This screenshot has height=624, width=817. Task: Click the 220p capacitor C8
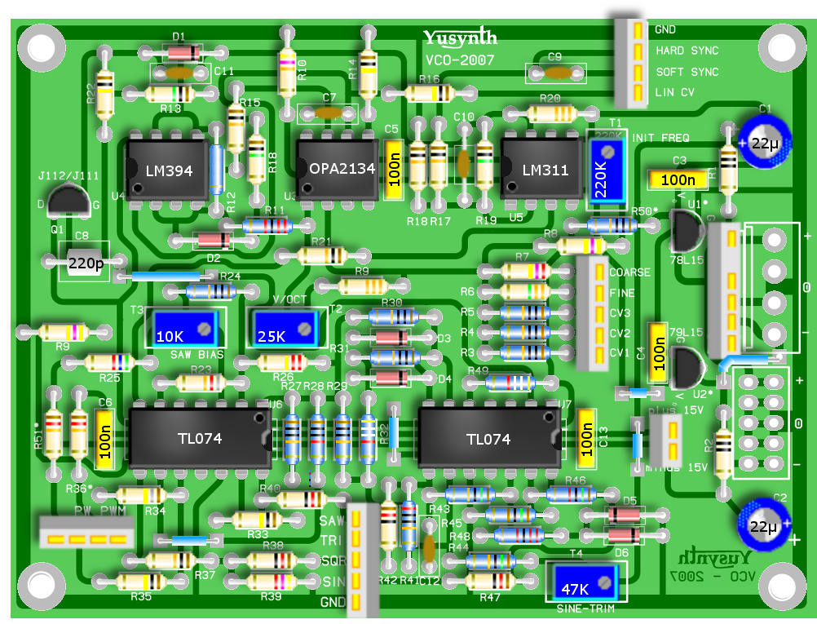click(84, 263)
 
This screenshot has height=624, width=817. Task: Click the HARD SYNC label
click(687, 51)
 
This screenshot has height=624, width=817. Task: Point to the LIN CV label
click(674, 93)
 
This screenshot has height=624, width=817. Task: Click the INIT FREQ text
click(660, 138)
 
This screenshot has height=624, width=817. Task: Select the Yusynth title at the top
click(460, 38)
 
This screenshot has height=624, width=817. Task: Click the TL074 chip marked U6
click(199, 438)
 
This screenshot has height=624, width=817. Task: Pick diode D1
click(177, 53)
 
